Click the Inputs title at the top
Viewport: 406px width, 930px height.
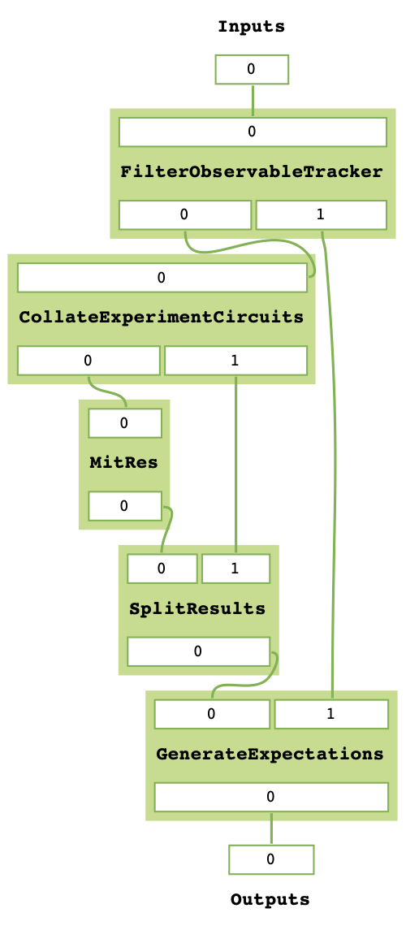(251, 27)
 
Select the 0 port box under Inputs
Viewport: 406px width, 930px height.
(252, 70)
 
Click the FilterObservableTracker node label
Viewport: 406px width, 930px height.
(252, 172)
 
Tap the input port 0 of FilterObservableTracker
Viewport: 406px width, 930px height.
(252, 132)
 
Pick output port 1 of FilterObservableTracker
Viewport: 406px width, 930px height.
(321, 214)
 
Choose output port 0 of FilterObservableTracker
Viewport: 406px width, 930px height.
(184, 214)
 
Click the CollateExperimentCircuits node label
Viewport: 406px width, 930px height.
(162, 316)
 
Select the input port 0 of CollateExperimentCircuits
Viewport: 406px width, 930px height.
(162, 278)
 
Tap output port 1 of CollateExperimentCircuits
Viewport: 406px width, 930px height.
(235, 360)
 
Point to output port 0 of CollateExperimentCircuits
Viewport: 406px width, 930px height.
(88, 360)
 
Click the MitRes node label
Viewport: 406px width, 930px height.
(123, 463)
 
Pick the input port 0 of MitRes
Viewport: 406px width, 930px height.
(124, 423)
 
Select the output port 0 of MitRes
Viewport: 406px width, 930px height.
(124, 506)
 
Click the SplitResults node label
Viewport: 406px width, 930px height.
(198, 608)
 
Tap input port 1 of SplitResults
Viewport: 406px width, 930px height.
(235, 569)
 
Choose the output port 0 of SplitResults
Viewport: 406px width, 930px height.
(198, 651)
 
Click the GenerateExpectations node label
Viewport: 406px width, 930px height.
(270, 754)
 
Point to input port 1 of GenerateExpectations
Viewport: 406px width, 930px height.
(331, 714)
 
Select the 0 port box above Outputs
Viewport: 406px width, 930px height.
(270, 859)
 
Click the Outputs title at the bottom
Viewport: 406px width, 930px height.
(270, 900)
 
